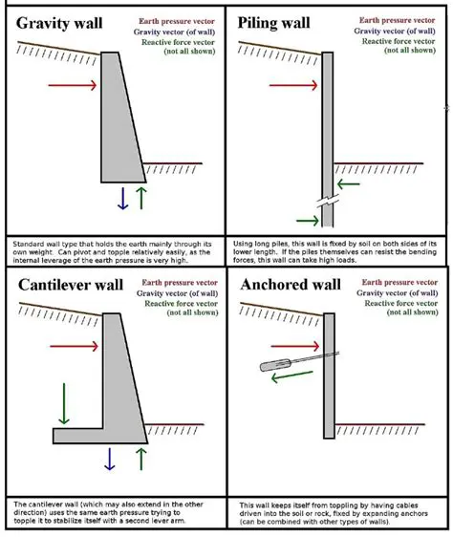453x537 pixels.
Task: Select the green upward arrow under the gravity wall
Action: (141, 198)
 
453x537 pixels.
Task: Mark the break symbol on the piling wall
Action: (328, 206)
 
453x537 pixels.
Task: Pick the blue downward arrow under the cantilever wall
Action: (109, 459)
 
